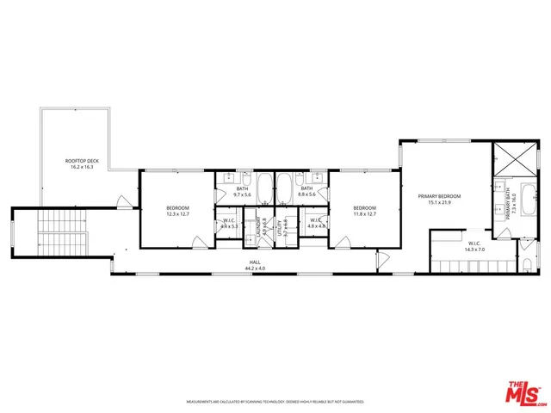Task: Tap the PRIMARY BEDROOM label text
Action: [x=440, y=196]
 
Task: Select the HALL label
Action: [x=255, y=262]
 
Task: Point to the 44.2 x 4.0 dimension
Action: [x=255, y=268]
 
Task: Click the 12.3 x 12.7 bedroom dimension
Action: [x=178, y=214]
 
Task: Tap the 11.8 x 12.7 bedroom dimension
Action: [x=364, y=214]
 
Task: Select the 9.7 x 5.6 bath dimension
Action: [x=242, y=194]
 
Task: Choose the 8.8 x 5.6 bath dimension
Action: [x=307, y=194]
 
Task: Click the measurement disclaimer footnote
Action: [x=275, y=401]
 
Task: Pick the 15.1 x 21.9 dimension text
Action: [x=440, y=203]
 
